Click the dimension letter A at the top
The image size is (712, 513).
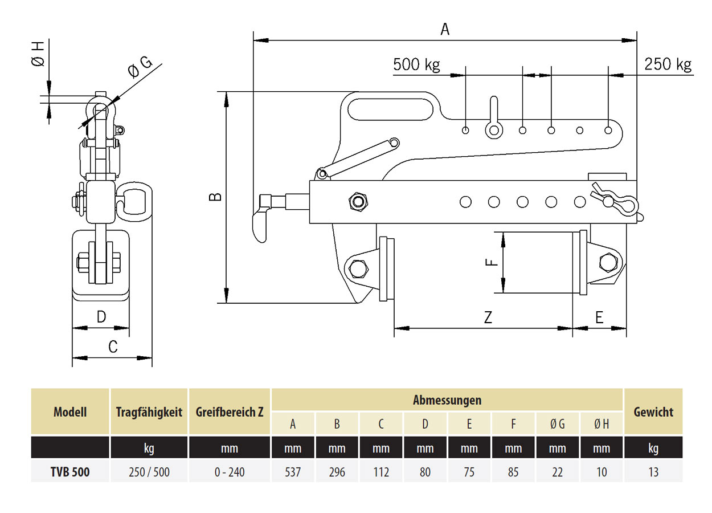[445, 29]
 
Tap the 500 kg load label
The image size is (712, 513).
[416, 64]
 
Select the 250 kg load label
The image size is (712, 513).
[668, 64]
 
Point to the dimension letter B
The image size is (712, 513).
[215, 197]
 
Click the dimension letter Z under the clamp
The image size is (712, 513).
[488, 317]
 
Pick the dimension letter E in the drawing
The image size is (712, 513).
[599, 317]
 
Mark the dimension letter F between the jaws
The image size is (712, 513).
[493, 262]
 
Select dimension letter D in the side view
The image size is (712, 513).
[101, 317]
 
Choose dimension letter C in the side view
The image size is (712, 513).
[113, 347]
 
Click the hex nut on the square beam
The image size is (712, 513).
[358, 201]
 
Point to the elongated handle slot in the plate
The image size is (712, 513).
[395, 108]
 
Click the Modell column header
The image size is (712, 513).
[70, 412]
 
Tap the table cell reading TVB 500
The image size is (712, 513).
[70, 472]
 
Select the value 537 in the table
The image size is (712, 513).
[293, 472]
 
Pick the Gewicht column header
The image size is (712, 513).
[653, 412]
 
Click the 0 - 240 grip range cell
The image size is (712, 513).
[229, 472]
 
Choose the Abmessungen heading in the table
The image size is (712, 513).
[447, 400]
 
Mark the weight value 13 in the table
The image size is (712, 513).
[653, 472]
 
